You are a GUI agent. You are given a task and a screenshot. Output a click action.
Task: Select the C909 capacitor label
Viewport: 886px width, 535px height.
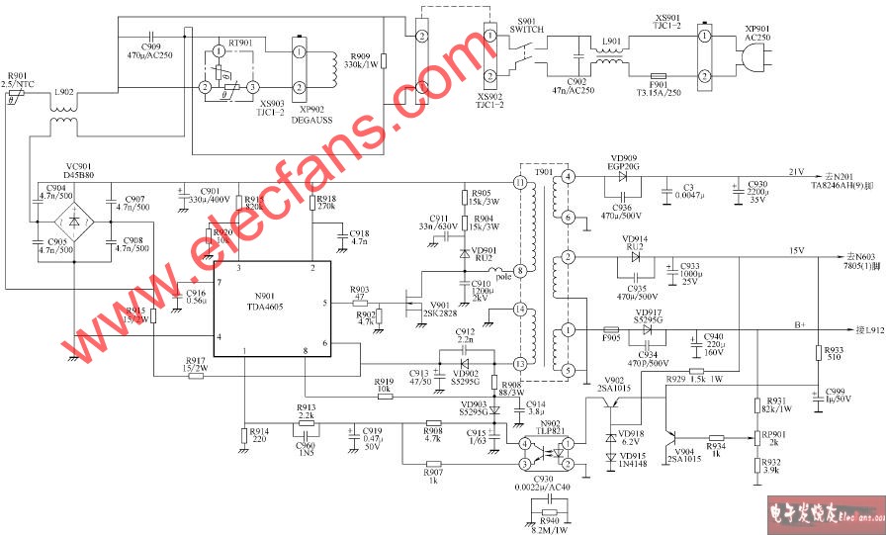pyautogui.click(x=151, y=50)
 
